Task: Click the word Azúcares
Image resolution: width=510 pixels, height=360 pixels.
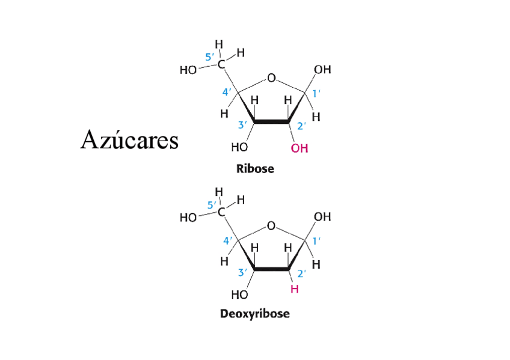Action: pyautogui.click(x=129, y=141)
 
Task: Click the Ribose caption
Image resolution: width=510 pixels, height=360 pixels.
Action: pyautogui.click(x=255, y=169)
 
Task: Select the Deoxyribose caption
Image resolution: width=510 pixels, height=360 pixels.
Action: pyautogui.click(x=254, y=314)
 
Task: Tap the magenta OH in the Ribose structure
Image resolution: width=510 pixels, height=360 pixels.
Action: pyautogui.click(x=300, y=148)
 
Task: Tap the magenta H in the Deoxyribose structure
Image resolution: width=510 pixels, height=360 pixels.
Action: pyautogui.click(x=294, y=289)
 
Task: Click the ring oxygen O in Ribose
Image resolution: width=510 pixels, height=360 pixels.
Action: pyautogui.click(x=271, y=79)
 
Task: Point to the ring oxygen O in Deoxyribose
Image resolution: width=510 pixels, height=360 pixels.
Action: pyautogui.click(x=271, y=225)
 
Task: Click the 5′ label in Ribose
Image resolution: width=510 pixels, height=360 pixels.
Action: pyautogui.click(x=210, y=58)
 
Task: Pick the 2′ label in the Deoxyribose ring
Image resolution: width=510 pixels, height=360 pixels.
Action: pyautogui.click(x=302, y=272)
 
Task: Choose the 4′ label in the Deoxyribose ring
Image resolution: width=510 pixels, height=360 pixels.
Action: pyautogui.click(x=228, y=240)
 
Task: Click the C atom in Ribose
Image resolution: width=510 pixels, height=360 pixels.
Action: pyautogui.click(x=222, y=64)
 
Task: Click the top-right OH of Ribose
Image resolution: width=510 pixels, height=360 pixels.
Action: pyautogui.click(x=322, y=70)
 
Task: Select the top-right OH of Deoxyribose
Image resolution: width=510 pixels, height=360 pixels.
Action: pyautogui.click(x=322, y=216)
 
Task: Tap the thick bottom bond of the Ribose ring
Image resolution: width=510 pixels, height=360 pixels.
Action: pyautogui.click(x=272, y=123)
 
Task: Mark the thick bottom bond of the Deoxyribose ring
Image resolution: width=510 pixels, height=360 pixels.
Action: pyautogui.click(x=272, y=270)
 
